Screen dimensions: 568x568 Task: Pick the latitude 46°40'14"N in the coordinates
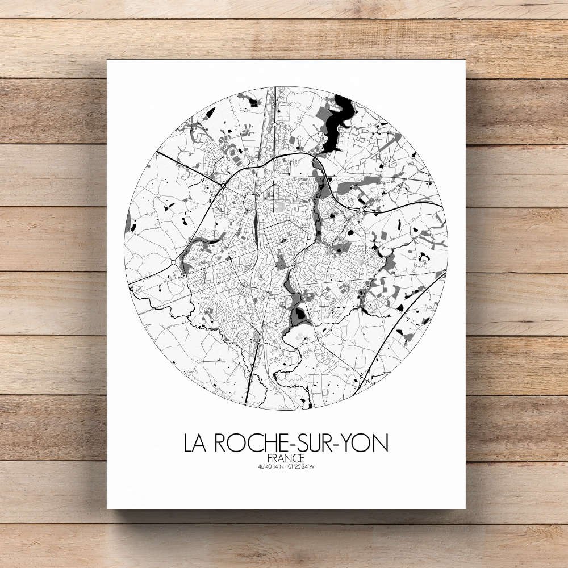point(269,467)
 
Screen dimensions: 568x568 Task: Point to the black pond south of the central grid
point(299,313)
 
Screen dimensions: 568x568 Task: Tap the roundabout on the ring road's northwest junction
point(224,185)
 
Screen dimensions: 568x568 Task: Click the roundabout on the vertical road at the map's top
point(274,123)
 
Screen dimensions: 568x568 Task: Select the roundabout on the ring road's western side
point(173,262)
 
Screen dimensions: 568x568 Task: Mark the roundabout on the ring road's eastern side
point(361,209)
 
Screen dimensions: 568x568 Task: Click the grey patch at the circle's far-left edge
point(128,222)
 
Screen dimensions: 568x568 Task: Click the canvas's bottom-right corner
point(464,507)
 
